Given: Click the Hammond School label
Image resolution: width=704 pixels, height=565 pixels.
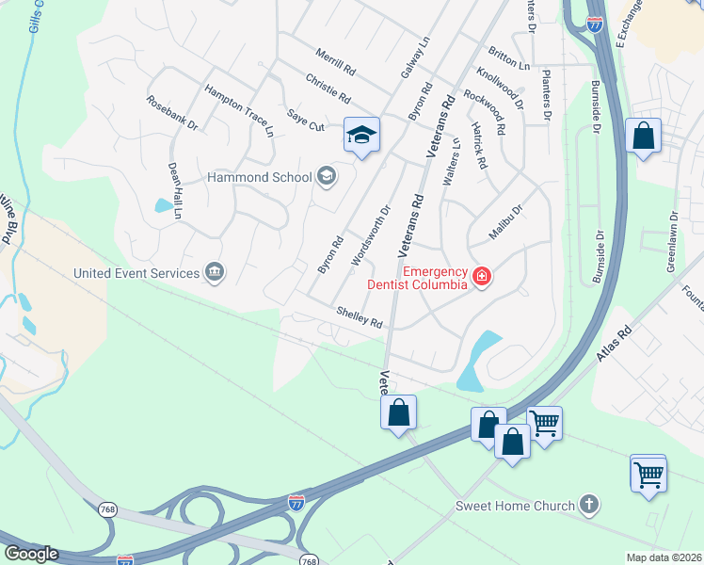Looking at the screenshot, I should (x=260, y=177).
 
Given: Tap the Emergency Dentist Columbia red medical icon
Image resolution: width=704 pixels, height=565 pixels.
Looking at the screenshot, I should (x=482, y=276).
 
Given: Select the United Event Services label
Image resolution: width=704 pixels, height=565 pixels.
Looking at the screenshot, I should (x=137, y=273).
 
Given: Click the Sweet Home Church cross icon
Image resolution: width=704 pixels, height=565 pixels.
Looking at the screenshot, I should (x=590, y=506).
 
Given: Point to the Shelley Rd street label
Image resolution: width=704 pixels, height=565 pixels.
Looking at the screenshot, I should (x=360, y=317).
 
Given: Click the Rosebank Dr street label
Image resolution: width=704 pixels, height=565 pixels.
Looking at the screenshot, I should (x=172, y=111).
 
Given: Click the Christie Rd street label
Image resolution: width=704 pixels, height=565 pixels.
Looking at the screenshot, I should (x=328, y=89).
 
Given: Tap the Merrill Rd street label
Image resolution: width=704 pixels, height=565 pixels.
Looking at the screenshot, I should (x=336, y=64).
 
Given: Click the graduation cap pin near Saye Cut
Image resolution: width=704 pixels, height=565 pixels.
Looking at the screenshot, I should (x=361, y=136).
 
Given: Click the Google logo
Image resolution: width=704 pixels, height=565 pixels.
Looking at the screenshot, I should (x=31, y=554).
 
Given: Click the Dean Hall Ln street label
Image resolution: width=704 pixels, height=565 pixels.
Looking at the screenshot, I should (x=175, y=191).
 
